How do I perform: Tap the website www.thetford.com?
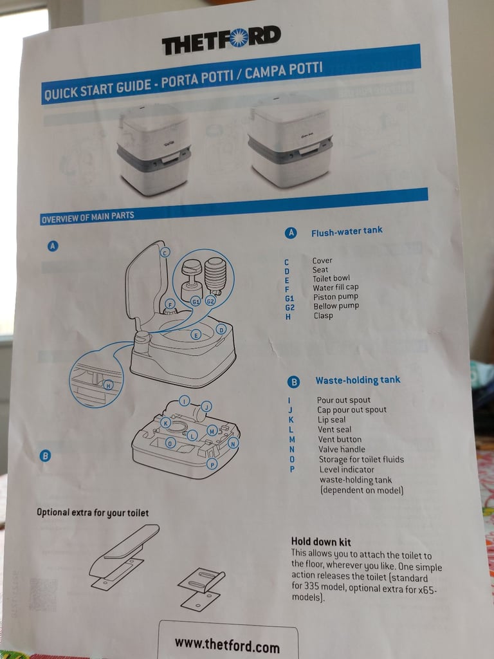point(227,644)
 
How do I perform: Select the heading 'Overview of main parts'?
point(87,217)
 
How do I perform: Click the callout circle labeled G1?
point(196,301)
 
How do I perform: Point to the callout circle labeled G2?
point(210,301)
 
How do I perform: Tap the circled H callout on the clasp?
point(108,384)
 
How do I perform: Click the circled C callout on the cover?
point(165,252)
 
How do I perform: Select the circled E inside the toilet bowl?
point(196,335)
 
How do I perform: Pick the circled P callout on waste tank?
point(212,464)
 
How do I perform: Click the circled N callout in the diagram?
point(233,443)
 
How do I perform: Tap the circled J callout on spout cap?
point(206,406)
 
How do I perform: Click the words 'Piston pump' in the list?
point(335,297)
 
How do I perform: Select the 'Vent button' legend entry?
point(340,440)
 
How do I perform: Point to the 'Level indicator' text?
point(347,469)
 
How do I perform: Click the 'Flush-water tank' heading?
point(347,231)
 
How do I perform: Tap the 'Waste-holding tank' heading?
point(358,380)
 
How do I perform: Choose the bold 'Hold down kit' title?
point(321,541)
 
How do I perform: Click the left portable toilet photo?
point(153,150)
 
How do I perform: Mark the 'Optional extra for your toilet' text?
point(93,512)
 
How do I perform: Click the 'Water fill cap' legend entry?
point(335,288)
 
